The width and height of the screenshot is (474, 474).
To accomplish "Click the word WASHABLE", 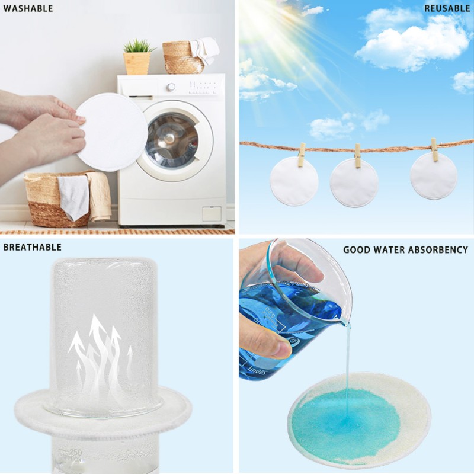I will pyautogui.click(x=28, y=8).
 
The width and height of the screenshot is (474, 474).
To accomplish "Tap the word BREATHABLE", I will pyautogui.click(x=33, y=247).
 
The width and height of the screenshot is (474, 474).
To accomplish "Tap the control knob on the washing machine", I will pyautogui.click(x=171, y=87).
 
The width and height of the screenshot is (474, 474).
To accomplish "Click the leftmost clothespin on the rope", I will pyautogui.click(x=302, y=154).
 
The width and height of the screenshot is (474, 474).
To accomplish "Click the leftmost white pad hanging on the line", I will pyautogui.click(x=294, y=181).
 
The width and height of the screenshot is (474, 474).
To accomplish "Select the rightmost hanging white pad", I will pyautogui.click(x=434, y=177).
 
